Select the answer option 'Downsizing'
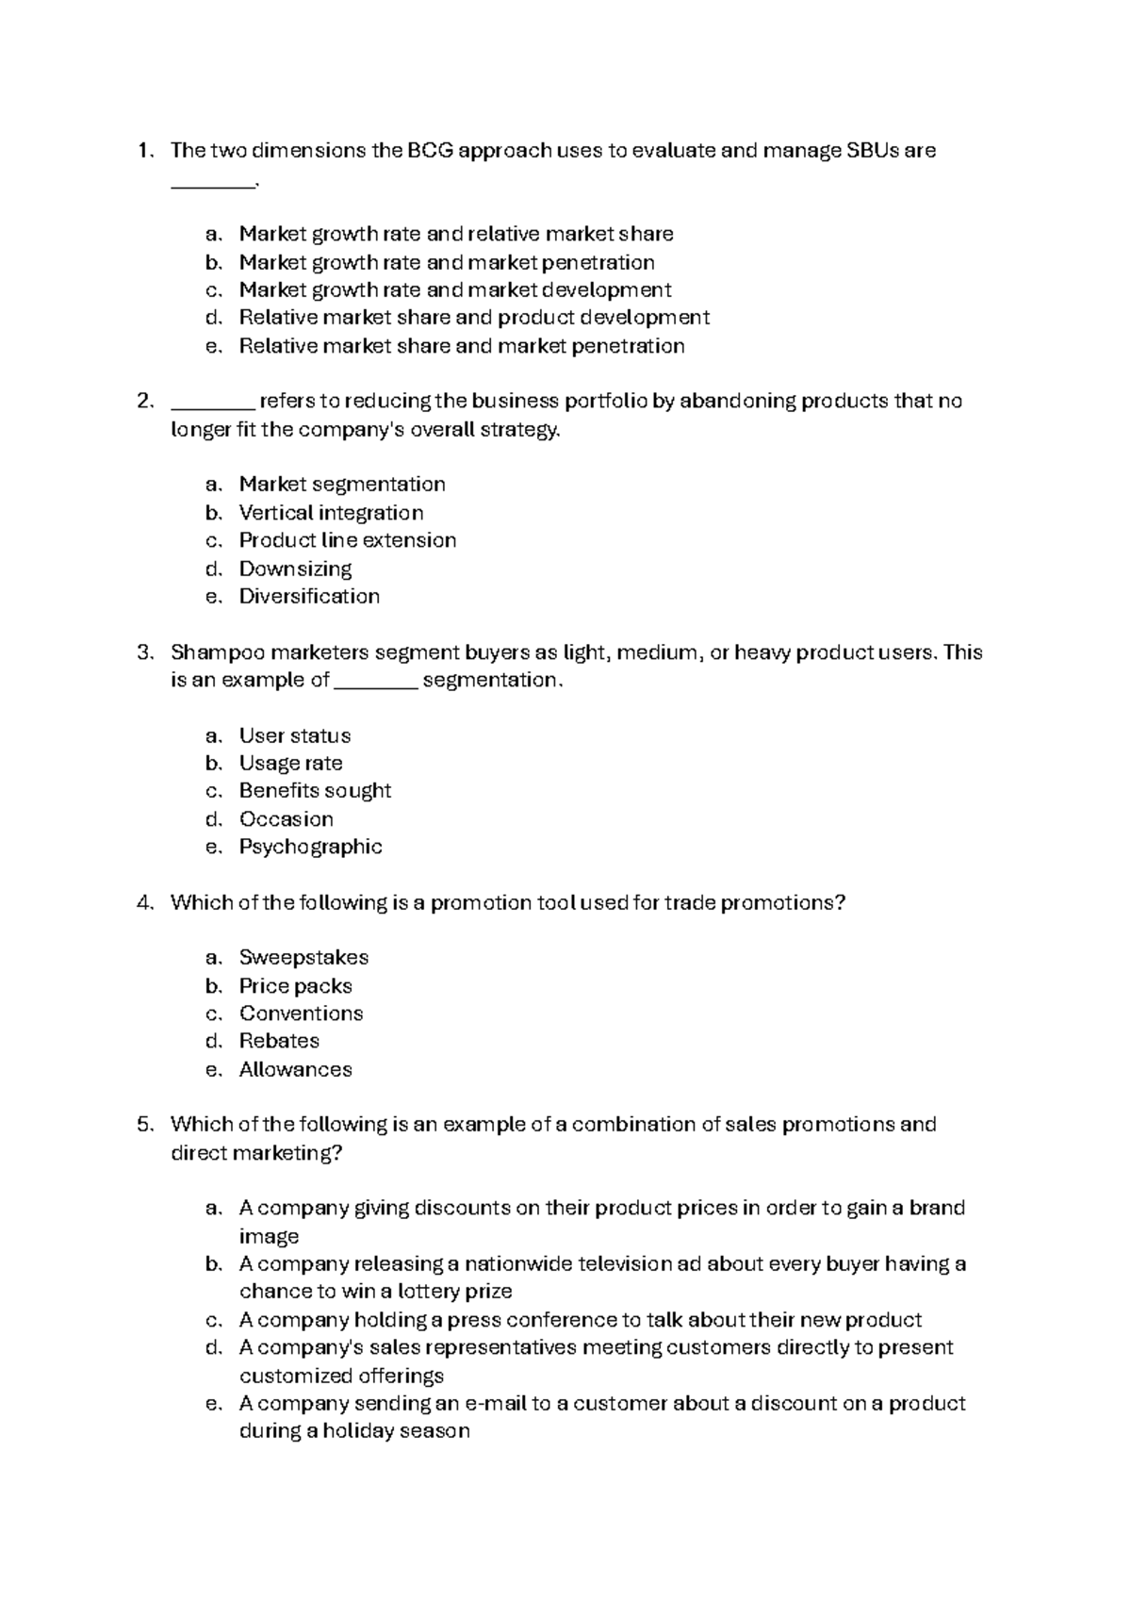pos(295,569)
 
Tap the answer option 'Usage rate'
pos(290,763)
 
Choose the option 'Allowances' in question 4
pos(295,1069)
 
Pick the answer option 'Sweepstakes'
pos(303,957)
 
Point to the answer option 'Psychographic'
pos(310,847)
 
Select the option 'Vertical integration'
pos(331,513)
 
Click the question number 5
pos(143,1124)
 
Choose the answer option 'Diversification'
pos(309,596)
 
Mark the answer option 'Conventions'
pos(301,1014)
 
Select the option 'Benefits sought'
pos(315,790)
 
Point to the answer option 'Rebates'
pos(279,1041)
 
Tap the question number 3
pos(143,652)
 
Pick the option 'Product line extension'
pos(347,540)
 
